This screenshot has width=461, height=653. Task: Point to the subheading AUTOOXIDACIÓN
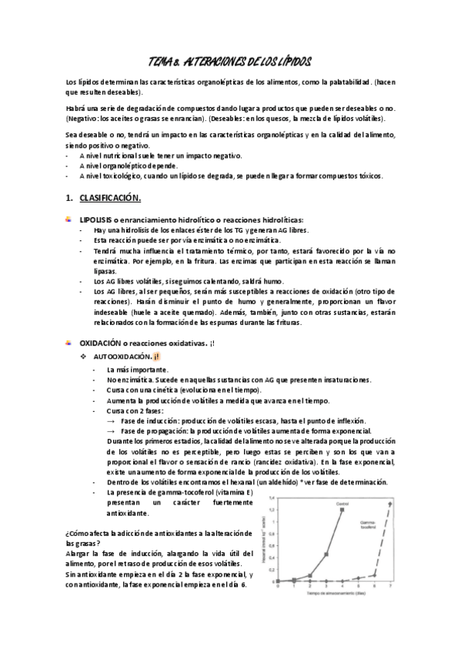click(x=122, y=358)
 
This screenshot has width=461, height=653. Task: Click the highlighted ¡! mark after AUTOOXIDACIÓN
click(x=156, y=358)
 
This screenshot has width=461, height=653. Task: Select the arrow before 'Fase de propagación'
click(x=111, y=430)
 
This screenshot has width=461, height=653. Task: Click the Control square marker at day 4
click(x=342, y=510)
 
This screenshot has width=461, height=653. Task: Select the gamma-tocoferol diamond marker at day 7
click(x=390, y=503)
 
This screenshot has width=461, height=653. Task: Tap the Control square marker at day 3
click(x=326, y=554)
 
